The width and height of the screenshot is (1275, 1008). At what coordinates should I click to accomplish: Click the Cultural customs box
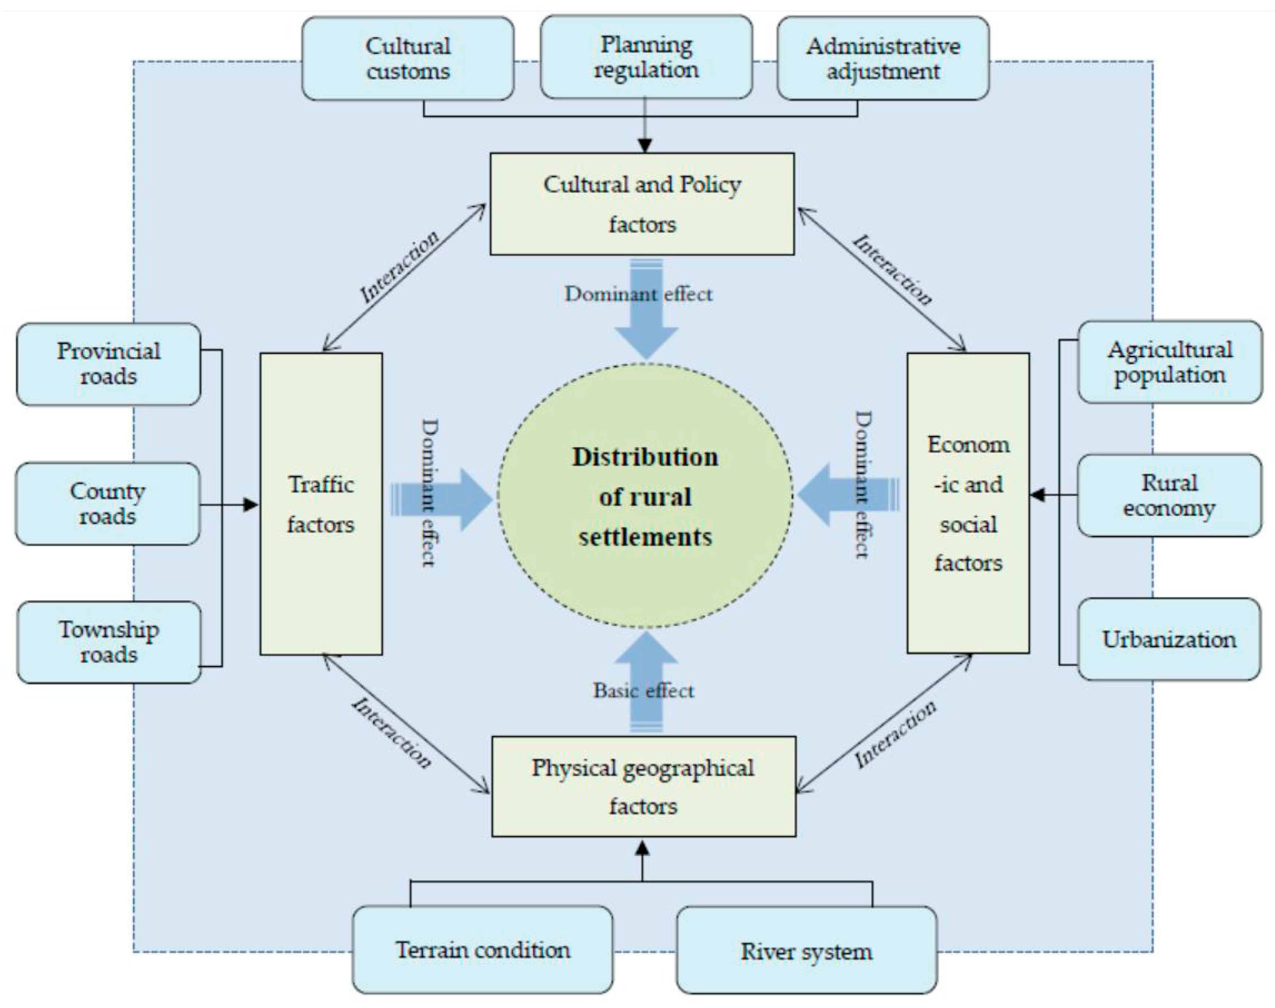click(407, 59)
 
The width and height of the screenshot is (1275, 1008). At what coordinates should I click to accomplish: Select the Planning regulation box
click(646, 57)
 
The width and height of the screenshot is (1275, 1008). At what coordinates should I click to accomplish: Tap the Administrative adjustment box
click(883, 59)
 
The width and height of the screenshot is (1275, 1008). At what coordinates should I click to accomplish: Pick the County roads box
click(107, 503)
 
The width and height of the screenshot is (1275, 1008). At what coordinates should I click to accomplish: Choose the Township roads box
click(109, 642)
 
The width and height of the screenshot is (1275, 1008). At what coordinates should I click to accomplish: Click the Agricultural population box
click(1169, 362)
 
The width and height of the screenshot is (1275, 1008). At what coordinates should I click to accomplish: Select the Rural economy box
click(1169, 495)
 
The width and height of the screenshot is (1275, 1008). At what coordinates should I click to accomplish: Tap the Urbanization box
click(1169, 639)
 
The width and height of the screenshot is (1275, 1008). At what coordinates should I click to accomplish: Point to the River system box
click(806, 951)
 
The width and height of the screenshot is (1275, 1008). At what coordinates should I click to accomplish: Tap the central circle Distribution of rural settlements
click(645, 496)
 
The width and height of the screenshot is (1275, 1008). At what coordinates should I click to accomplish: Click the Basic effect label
click(643, 691)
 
